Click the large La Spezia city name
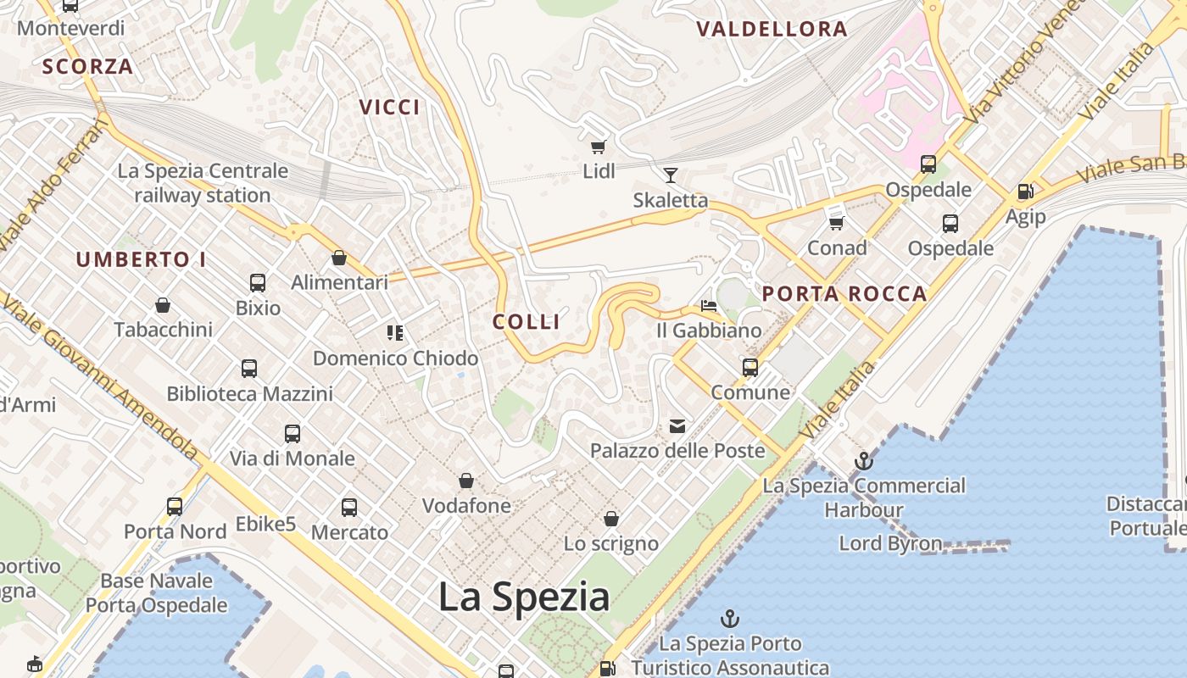(x=524, y=597)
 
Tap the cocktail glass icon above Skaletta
(x=671, y=175)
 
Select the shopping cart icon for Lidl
(x=599, y=147)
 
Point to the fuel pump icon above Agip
(x=1025, y=192)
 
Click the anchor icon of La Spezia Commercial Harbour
(x=863, y=461)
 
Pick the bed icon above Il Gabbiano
(x=709, y=305)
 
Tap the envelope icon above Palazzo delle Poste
(x=677, y=425)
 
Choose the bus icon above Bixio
(x=258, y=283)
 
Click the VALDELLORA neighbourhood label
(x=772, y=30)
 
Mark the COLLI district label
(x=527, y=322)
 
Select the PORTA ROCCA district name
(x=844, y=294)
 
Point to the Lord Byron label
(x=890, y=543)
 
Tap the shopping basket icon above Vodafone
(x=466, y=481)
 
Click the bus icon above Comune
(x=750, y=368)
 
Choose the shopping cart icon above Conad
(x=837, y=223)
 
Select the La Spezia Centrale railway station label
(x=203, y=183)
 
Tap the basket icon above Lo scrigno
(x=611, y=519)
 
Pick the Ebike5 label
(x=266, y=525)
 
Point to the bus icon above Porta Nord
(x=175, y=507)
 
